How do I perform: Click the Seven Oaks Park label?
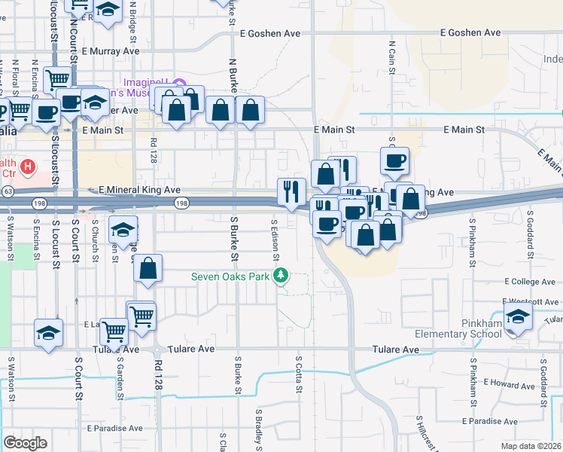[230, 276]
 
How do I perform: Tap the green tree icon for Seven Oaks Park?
[281, 276]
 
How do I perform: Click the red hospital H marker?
[28, 166]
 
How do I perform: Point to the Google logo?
[25, 443]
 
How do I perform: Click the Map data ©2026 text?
[531, 446]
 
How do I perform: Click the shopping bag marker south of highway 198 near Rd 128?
[148, 269]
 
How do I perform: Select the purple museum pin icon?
[178, 83]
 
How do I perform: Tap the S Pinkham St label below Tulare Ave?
[472, 375]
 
